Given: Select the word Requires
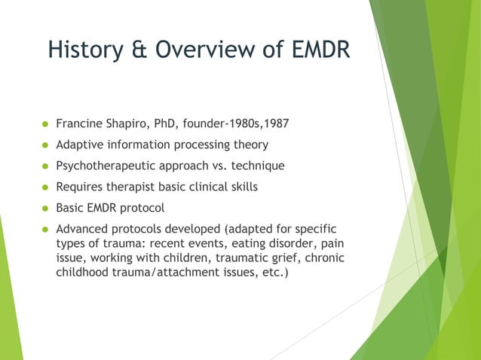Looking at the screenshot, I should pyautogui.click(x=80, y=187).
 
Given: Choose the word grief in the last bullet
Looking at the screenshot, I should pyautogui.click(x=273, y=258).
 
